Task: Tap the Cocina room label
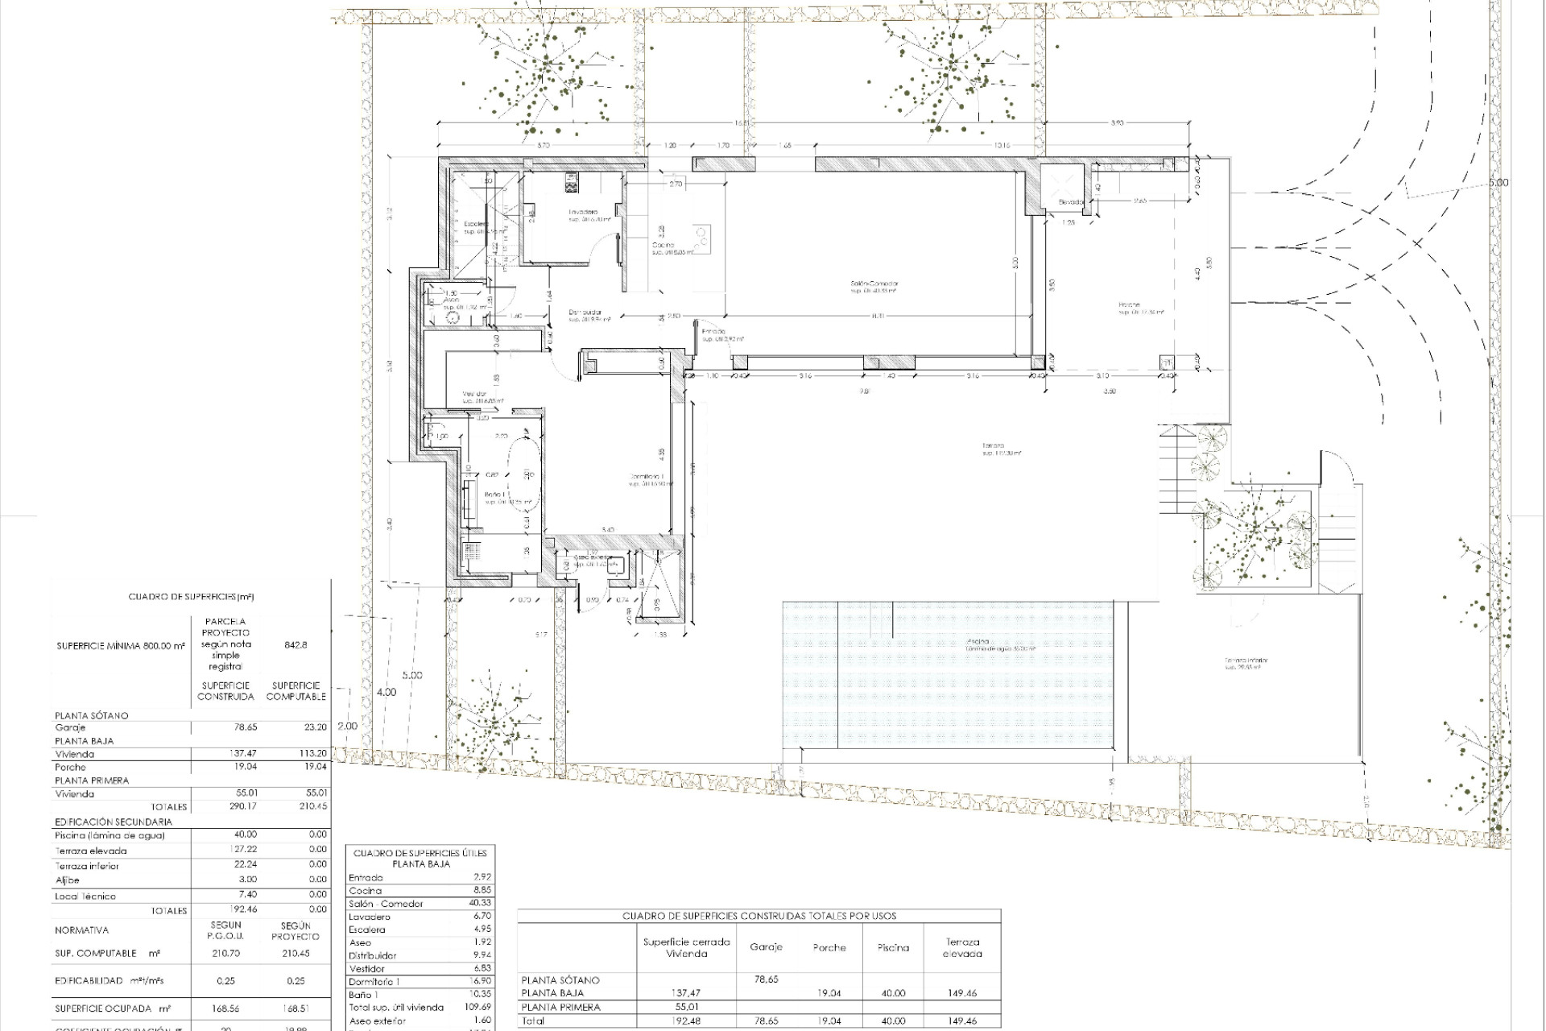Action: click(663, 245)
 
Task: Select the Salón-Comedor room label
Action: click(874, 284)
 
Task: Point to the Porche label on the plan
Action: click(1129, 305)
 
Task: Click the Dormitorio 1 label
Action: click(650, 478)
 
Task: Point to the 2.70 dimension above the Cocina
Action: click(676, 184)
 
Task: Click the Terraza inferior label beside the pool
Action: click(1246, 660)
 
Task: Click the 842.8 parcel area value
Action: click(296, 645)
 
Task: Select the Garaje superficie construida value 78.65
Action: click(245, 727)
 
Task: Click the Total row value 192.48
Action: click(687, 1021)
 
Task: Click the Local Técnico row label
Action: click(85, 896)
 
